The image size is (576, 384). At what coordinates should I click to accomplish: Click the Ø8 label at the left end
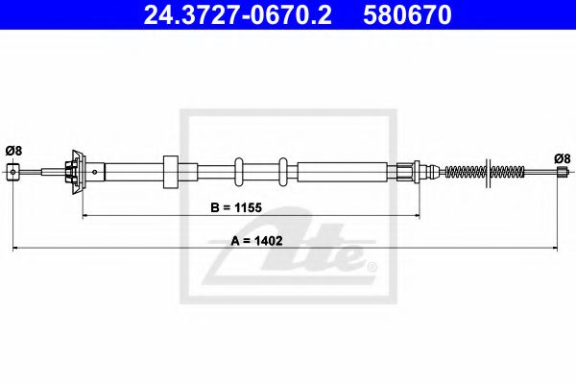click(12, 150)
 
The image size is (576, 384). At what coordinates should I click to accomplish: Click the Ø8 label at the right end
click(563, 158)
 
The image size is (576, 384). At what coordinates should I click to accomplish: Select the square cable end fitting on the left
click(13, 172)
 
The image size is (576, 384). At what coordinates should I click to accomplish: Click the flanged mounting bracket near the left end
click(74, 172)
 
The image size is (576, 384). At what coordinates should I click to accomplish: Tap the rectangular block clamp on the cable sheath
click(171, 173)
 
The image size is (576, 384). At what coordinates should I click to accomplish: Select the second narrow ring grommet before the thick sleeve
click(283, 173)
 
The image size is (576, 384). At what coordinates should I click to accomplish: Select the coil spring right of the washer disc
click(506, 173)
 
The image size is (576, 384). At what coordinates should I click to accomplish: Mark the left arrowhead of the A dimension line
click(16, 250)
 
